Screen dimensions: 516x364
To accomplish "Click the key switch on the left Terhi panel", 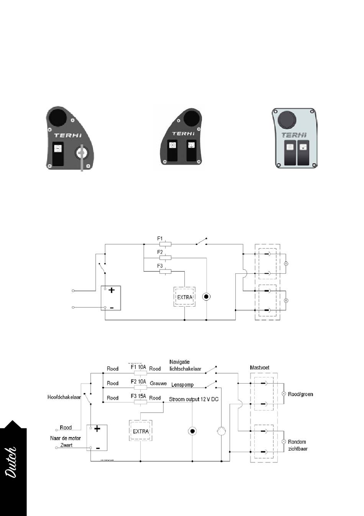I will pyautogui.click(x=82, y=153).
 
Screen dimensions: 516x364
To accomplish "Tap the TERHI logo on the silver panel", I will pyautogui.click(x=294, y=135).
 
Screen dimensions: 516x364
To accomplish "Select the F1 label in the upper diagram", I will pyautogui.click(x=160, y=238).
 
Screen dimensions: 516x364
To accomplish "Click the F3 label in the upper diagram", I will pyautogui.click(x=160, y=266).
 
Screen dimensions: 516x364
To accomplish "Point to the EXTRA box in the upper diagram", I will pyautogui.click(x=185, y=297).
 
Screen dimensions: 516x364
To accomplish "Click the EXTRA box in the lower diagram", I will pyautogui.click(x=141, y=431).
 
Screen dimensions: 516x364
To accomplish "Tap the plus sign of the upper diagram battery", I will pyautogui.click(x=111, y=290).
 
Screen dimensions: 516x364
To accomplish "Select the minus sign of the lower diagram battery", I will pyautogui.click(x=98, y=447).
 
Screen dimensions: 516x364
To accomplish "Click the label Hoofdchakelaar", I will pyautogui.click(x=64, y=397).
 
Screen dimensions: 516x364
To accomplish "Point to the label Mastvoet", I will pyautogui.click(x=259, y=367).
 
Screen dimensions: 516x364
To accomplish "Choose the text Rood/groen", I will pyautogui.click(x=300, y=394).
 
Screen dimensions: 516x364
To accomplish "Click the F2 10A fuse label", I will pyautogui.click(x=138, y=382).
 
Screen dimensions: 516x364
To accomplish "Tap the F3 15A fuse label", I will pyautogui.click(x=138, y=396).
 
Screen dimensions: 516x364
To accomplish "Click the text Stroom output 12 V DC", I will pyautogui.click(x=193, y=399).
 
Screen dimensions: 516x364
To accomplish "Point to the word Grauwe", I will pyautogui.click(x=158, y=383).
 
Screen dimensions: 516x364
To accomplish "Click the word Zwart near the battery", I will pyautogui.click(x=66, y=445).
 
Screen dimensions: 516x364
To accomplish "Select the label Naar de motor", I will pyautogui.click(x=66, y=438).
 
